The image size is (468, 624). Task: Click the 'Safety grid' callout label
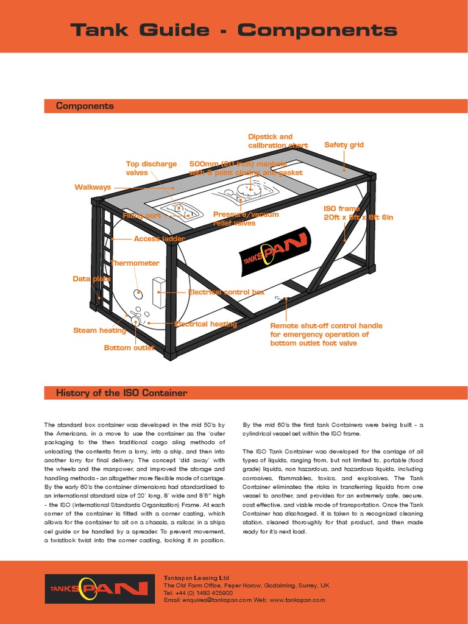(x=344, y=145)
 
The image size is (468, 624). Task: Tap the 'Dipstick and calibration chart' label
(x=277, y=141)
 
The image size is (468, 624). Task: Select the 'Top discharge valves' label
(x=151, y=168)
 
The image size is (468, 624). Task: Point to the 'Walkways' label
(x=93, y=187)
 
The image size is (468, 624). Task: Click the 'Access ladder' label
(x=159, y=239)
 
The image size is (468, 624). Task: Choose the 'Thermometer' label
(x=135, y=263)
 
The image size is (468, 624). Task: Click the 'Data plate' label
(x=92, y=278)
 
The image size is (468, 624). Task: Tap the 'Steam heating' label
(x=99, y=330)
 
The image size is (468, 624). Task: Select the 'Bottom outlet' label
(x=129, y=348)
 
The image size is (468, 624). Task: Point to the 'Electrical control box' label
(x=226, y=292)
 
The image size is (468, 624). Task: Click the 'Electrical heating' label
(x=205, y=324)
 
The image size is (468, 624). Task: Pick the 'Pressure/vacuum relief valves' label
(x=246, y=219)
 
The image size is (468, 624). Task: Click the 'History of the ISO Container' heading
(x=121, y=393)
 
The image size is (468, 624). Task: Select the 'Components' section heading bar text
(x=85, y=106)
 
